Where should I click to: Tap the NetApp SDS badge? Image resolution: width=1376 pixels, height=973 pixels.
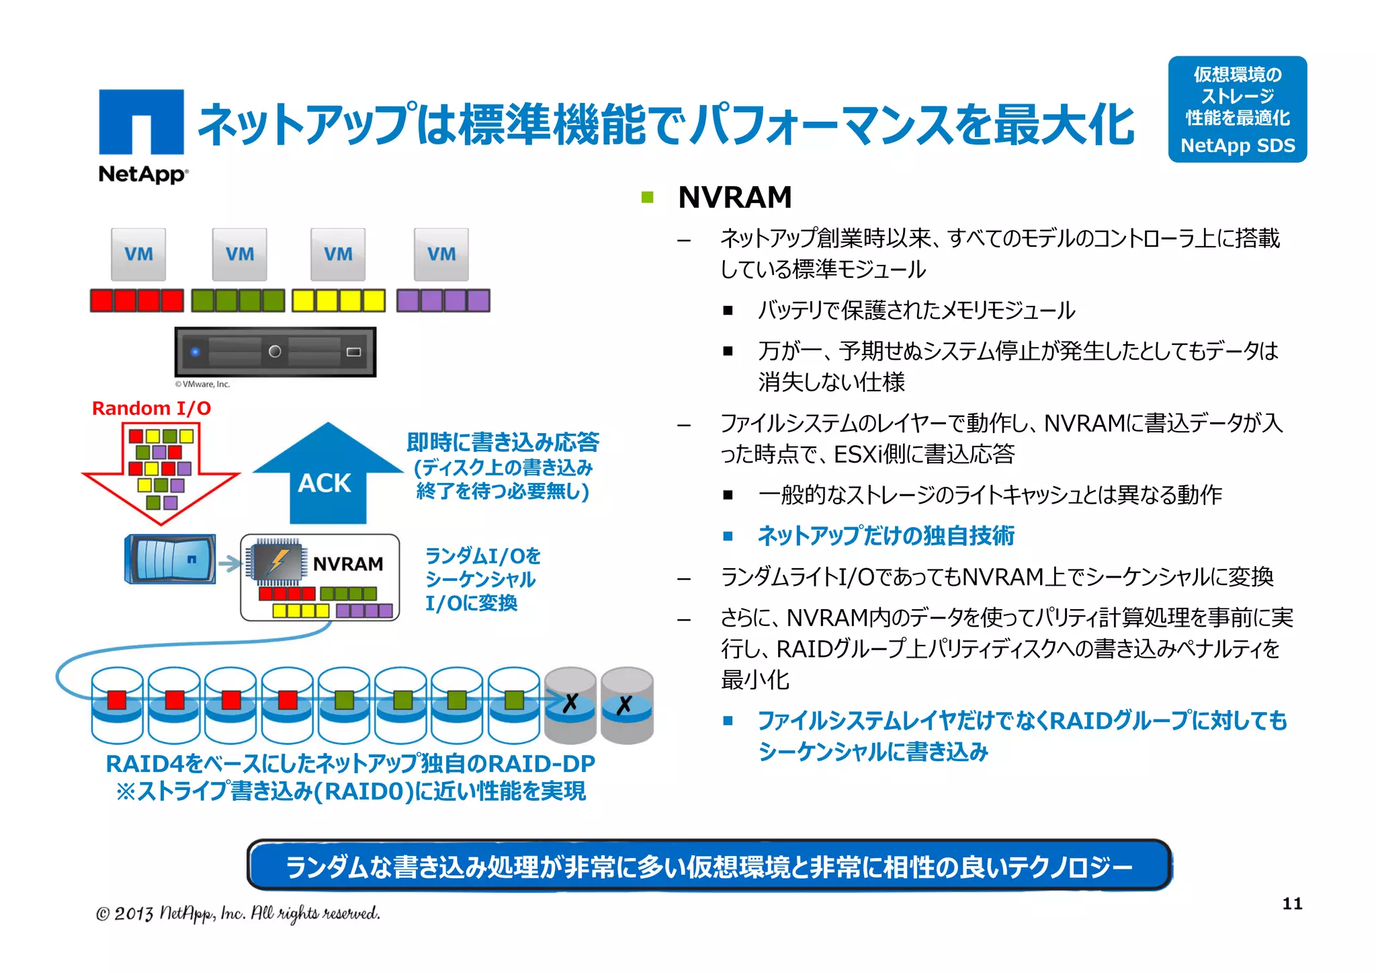(x=1237, y=109)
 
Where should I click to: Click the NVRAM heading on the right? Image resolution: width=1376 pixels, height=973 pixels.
(x=734, y=198)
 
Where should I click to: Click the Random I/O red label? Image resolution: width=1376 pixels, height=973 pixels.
(x=151, y=408)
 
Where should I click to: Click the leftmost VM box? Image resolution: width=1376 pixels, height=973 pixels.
(x=138, y=254)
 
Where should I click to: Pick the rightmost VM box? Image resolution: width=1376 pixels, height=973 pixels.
(x=441, y=254)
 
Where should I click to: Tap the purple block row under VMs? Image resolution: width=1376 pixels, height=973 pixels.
(x=443, y=301)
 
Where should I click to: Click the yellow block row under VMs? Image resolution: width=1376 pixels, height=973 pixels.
(x=339, y=301)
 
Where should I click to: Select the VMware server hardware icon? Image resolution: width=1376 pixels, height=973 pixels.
(x=275, y=352)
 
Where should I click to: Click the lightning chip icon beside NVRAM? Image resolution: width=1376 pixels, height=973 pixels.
(x=276, y=561)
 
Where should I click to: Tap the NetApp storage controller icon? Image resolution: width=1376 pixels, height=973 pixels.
(x=171, y=559)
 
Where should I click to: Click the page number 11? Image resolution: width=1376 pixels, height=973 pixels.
(x=1291, y=903)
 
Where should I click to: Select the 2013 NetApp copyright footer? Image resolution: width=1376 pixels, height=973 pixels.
(x=238, y=913)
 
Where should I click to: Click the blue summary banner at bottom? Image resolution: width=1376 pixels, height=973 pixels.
(x=709, y=866)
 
